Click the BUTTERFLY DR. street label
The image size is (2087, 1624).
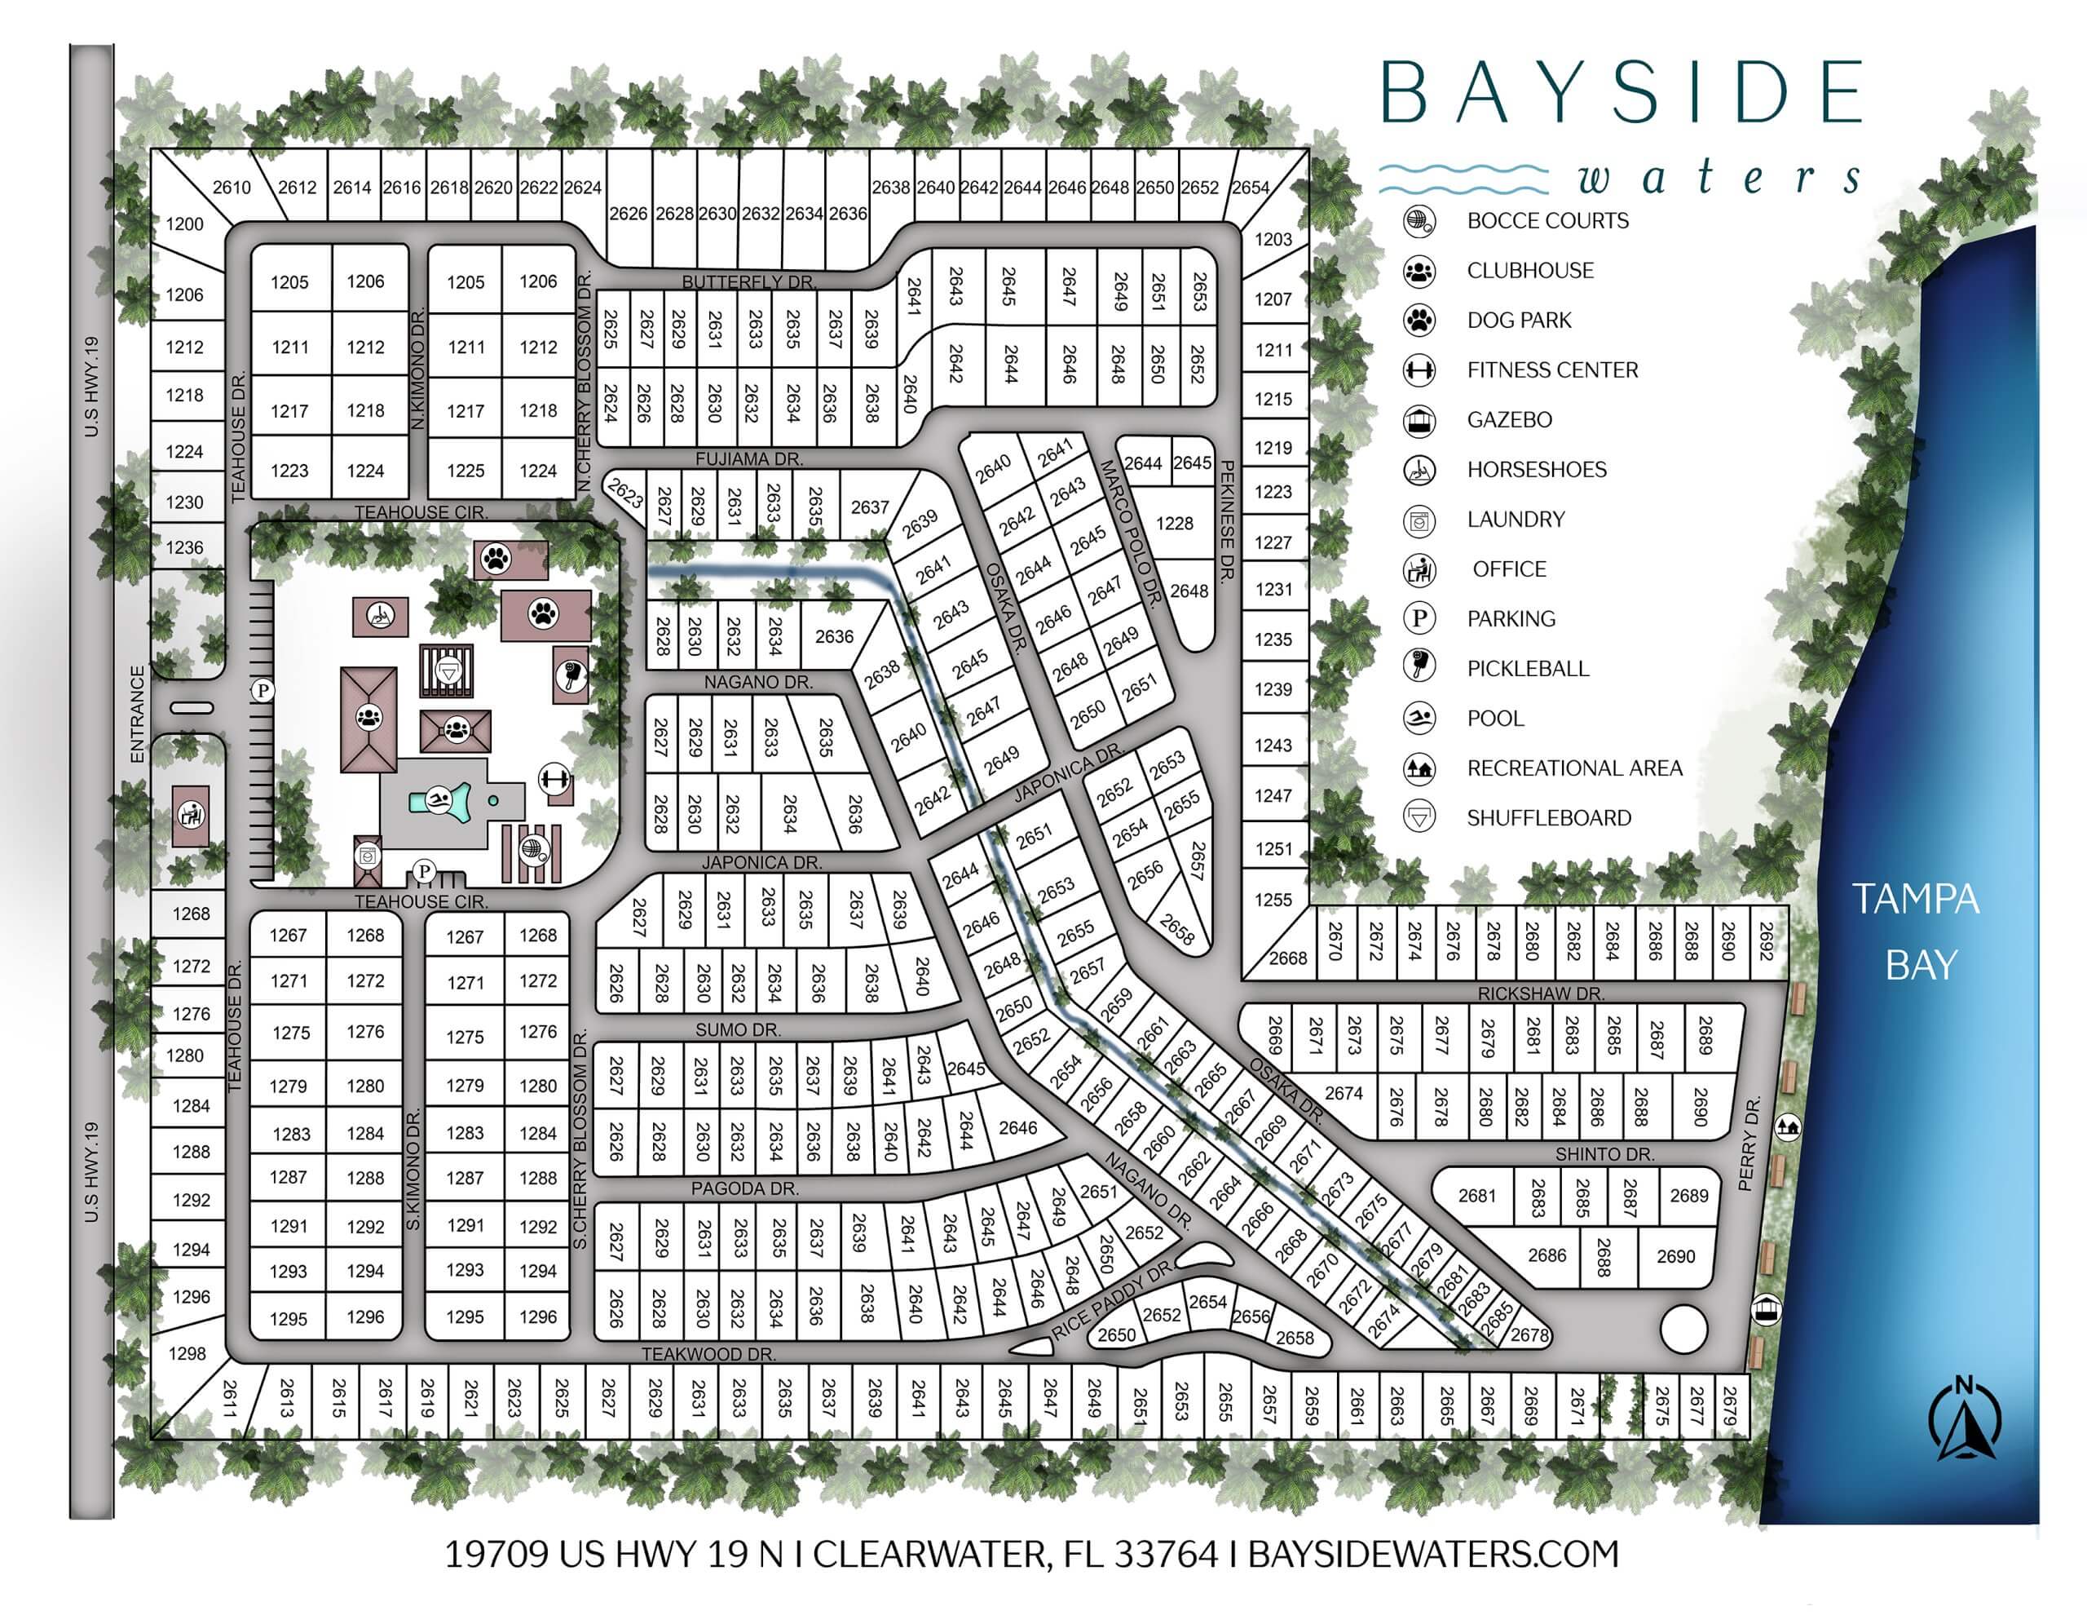(748, 282)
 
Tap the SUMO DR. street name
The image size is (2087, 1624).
(738, 1029)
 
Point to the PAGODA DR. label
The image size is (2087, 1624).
(744, 1188)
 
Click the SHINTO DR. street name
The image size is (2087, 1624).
(1604, 1153)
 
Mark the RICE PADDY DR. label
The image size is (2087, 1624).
(1110, 1300)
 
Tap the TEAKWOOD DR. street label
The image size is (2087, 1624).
(708, 1353)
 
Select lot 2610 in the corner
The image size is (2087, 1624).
(232, 188)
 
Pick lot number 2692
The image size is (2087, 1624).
(1766, 940)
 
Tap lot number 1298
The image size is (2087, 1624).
(188, 1352)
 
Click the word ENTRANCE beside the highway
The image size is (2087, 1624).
(137, 713)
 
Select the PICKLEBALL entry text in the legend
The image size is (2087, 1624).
(1527, 668)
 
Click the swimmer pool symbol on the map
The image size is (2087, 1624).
(439, 799)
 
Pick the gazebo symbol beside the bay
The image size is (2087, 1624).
(1767, 1308)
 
